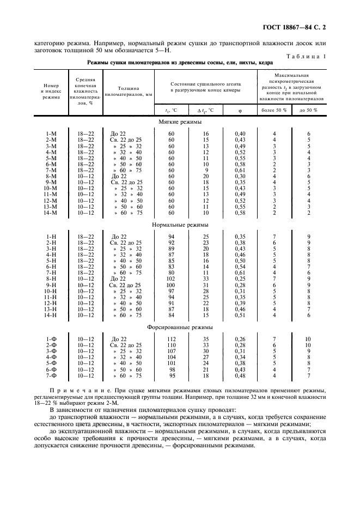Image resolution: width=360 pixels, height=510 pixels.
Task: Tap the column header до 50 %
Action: click(308, 110)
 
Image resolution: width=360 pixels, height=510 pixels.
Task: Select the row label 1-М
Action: click(51, 134)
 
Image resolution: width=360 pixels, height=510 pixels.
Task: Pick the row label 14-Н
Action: click(51, 315)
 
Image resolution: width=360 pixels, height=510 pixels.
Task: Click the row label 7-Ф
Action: click(51, 375)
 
